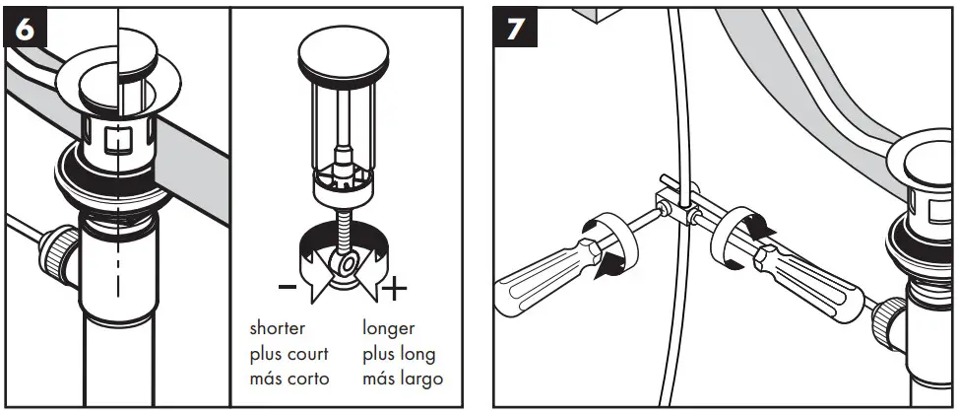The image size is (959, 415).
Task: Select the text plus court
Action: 288,353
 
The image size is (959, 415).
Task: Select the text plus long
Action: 399,353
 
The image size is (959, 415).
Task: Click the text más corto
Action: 288,379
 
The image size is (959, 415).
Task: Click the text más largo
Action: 403,379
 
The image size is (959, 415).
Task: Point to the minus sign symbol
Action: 287,288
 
